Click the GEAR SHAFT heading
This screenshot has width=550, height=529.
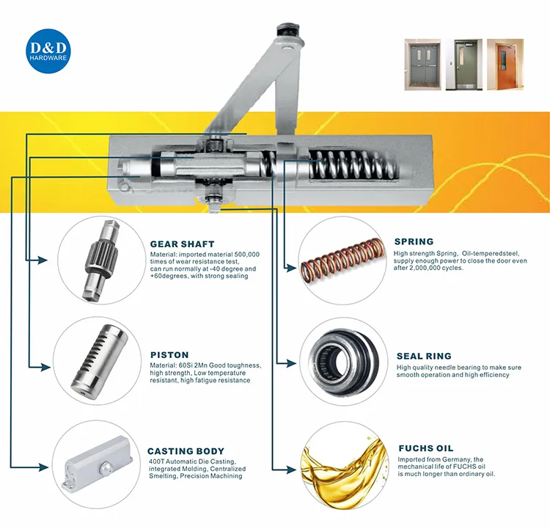coord(182,244)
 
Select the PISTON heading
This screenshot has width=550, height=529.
coord(169,354)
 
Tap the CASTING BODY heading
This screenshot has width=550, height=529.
coord(186,451)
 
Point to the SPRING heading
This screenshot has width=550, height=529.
coord(414,241)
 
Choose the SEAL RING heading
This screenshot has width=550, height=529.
coord(424,357)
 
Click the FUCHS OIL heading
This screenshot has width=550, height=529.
coord(425,448)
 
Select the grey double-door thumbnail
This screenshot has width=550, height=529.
coord(423,65)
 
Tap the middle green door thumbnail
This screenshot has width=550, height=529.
coord(462,65)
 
